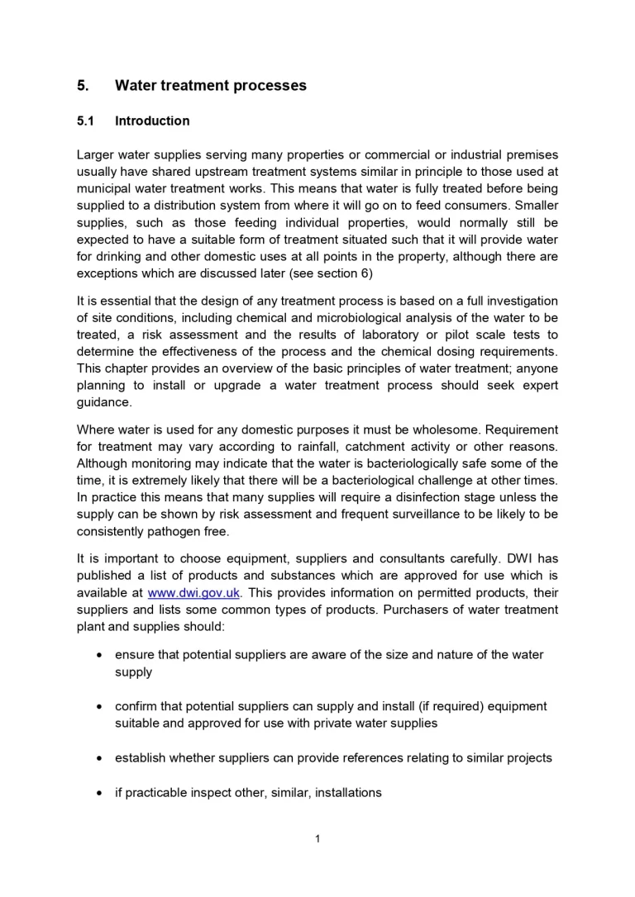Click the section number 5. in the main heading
point(83,86)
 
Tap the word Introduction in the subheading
point(152,121)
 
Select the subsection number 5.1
point(86,121)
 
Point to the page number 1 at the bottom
point(317,839)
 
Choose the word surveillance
point(437,515)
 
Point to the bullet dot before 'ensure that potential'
point(99,655)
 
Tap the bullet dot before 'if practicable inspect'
point(99,793)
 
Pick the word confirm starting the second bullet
point(137,706)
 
